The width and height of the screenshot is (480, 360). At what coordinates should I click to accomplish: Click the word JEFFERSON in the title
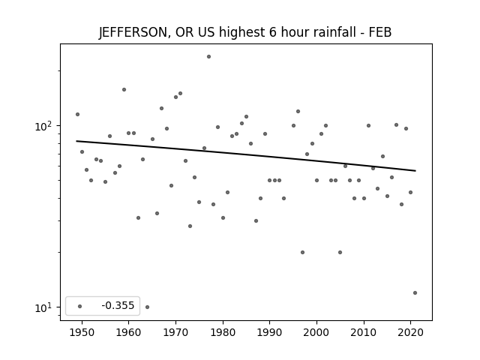(133, 32)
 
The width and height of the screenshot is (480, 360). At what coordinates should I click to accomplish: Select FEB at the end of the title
(380, 32)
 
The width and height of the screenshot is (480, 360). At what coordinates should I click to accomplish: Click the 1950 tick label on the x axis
(82, 332)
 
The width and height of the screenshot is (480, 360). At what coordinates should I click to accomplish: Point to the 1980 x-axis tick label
(223, 332)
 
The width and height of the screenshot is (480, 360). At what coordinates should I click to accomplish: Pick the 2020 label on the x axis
(410, 332)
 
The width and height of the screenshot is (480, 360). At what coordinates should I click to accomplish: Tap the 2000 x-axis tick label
(316, 332)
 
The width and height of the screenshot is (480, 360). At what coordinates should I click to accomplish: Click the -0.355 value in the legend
(118, 305)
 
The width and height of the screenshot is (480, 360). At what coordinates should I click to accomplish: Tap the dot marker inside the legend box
(80, 306)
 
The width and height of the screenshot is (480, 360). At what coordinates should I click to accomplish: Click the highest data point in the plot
(208, 57)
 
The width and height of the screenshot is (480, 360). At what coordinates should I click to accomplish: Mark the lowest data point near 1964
(147, 307)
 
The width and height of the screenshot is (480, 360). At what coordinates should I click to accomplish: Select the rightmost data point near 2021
(415, 293)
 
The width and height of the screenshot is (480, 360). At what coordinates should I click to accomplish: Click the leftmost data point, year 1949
(77, 115)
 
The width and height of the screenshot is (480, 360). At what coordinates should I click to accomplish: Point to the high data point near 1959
(124, 90)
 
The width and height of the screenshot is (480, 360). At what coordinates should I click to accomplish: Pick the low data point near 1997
(302, 253)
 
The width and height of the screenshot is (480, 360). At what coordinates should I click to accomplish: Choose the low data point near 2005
(340, 253)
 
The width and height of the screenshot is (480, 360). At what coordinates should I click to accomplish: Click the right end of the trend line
(415, 171)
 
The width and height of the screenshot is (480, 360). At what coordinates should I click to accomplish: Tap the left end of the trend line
(76, 141)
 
